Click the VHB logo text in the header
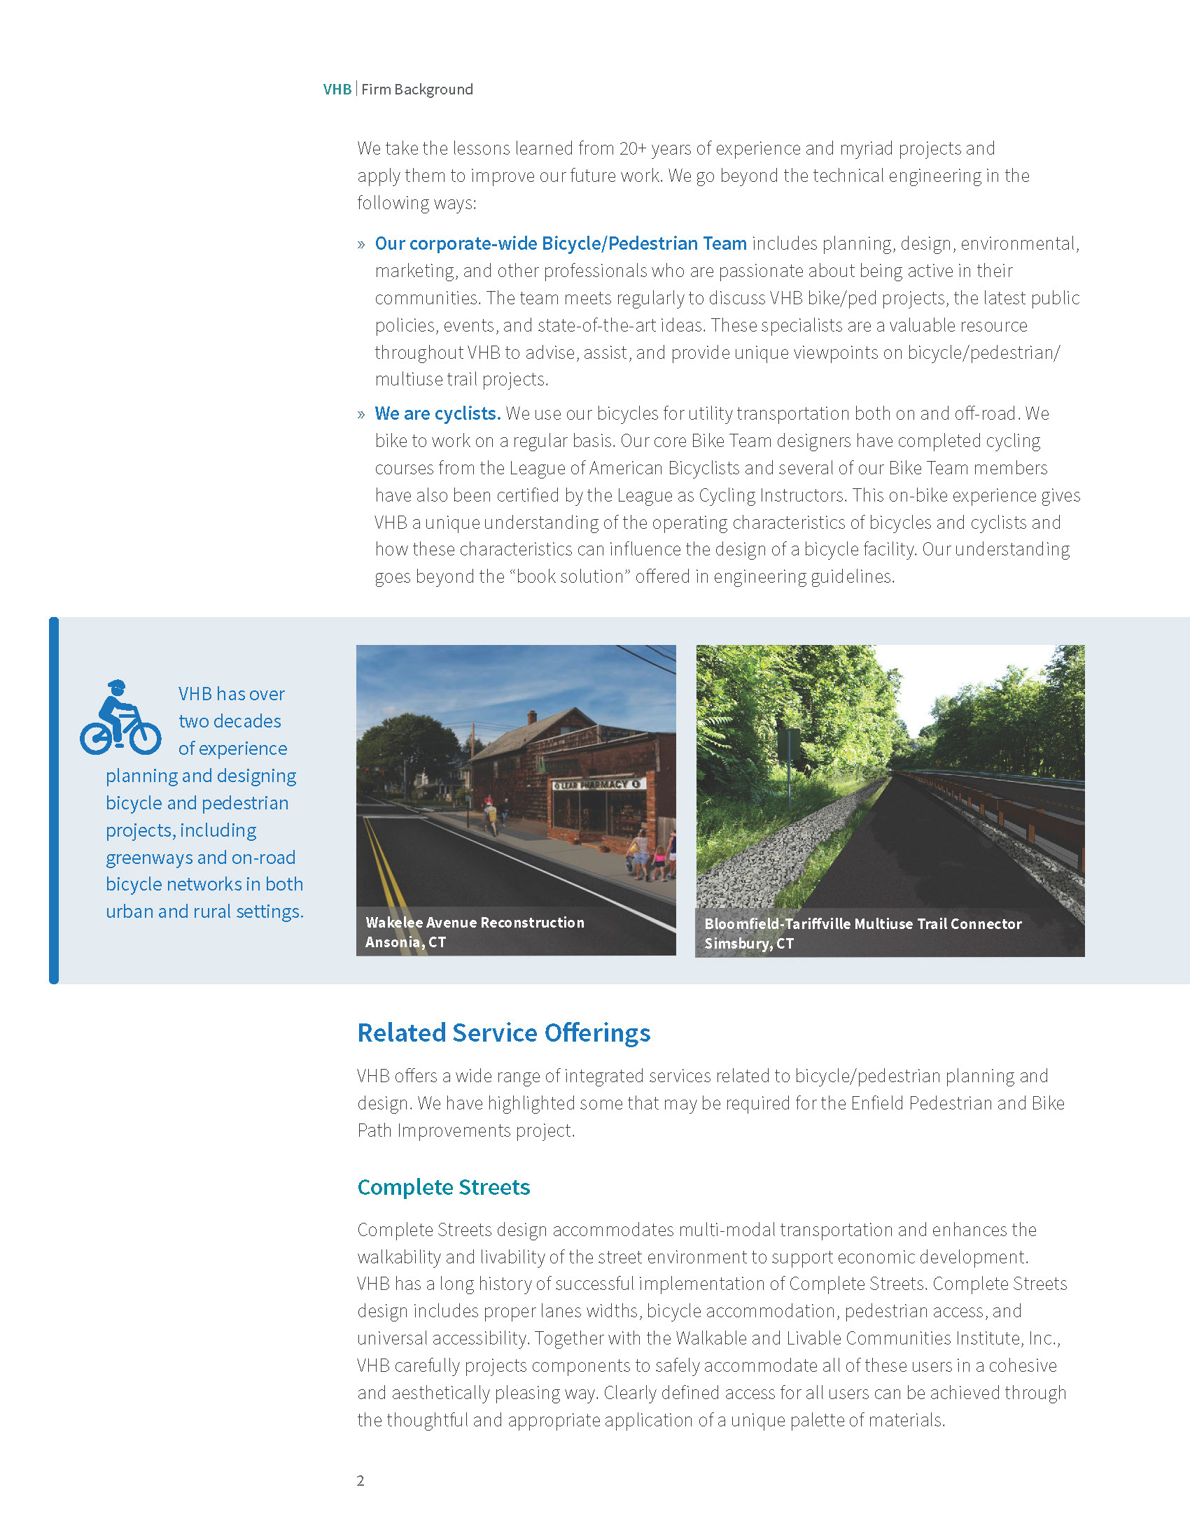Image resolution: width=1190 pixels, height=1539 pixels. [x=337, y=90]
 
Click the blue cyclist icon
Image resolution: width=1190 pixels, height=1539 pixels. [x=120, y=718]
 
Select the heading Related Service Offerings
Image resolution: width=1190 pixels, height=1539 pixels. [x=503, y=1033]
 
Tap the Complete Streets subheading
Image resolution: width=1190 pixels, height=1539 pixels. [x=443, y=1187]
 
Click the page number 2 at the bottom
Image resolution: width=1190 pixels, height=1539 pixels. [x=360, y=1480]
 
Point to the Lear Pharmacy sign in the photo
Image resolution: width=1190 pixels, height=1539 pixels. [x=597, y=784]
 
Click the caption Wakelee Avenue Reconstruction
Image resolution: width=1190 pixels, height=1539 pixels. [x=475, y=923]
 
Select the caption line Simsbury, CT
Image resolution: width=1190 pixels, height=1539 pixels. [x=749, y=944]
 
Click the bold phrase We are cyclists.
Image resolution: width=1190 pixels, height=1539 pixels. [x=437, y=413]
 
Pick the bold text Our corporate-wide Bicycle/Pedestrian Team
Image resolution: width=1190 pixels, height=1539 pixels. [x=561, y=244]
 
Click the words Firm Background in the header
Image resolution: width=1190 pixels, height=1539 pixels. [x=416, y=90]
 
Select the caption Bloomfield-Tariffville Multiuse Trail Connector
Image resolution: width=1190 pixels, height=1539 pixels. [x=862, y=924]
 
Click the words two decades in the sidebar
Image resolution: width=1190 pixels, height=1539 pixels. [x=229, y=722]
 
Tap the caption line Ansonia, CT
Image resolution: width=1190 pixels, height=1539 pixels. [x=405, y=942]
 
